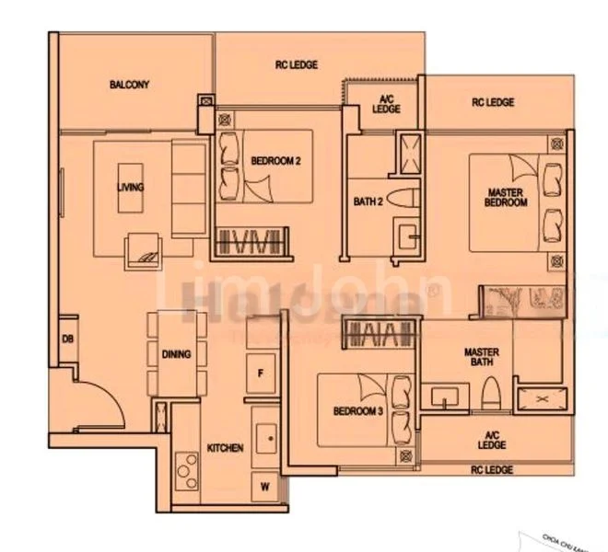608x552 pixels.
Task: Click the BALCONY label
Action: click(x=129, y=85)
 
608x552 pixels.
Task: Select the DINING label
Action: click(x=176, y=354)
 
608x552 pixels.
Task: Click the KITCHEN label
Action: click(x=225, y=448)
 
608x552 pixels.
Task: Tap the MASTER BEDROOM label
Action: click(x=508, y=197)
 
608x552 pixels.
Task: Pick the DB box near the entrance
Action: click(x=67, y=339)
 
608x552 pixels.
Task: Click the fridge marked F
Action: click(x=261, y=373)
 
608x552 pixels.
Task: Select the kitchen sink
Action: click(x=266, y=440)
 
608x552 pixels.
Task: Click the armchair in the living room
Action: click(x=146, y=247)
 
